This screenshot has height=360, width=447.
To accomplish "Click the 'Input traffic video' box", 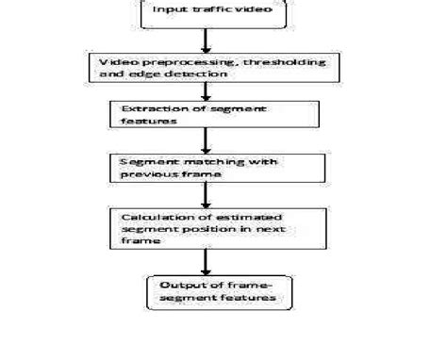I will click(206, 14).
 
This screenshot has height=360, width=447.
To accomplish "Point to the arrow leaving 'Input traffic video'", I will click(207, 41).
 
